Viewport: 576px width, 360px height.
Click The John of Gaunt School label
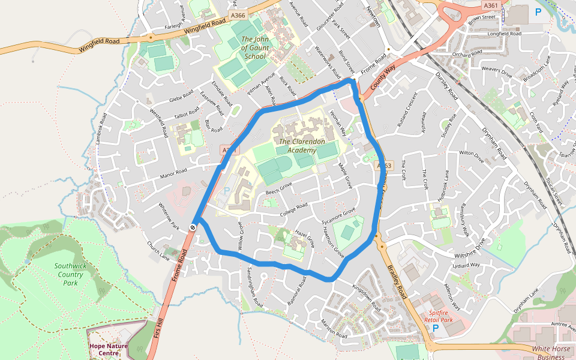coord(254,48)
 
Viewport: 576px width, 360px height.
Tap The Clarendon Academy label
coord(302,146)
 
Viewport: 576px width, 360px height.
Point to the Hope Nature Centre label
coord(108,349)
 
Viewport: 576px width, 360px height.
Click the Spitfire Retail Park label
coord(443,317)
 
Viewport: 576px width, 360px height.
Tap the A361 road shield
coord(490,5)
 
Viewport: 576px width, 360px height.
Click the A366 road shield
coord(238,16)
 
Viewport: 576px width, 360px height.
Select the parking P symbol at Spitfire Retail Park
coord(436,328)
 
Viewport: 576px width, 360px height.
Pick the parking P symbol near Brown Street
coord(537,11)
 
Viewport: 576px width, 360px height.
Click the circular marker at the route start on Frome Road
coord(193,227)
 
